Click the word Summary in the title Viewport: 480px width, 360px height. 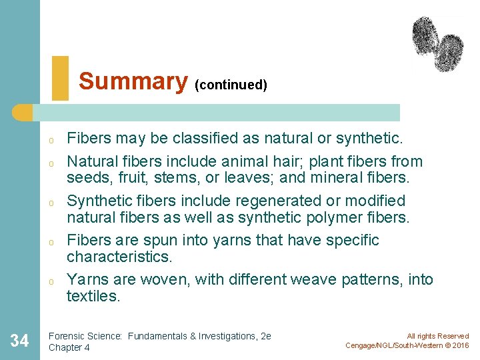pyautogui.click(x=133, y=81)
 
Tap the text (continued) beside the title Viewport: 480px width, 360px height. pyautogui.click(x=231, y=85)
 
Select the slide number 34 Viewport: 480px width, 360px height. pyautogui.click(x=20, y=341)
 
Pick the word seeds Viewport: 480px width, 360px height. pyautogui.click(x=87, y=178)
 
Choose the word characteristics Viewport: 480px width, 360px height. pyautogui.click(x=120, y=257)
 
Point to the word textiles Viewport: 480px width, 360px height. pyautogui.click(x=93, y=296)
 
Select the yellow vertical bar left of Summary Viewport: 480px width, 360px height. pyautogui.click(x=60, y=78)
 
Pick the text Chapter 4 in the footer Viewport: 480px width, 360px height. pyautogui.click(x=69, y=347)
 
